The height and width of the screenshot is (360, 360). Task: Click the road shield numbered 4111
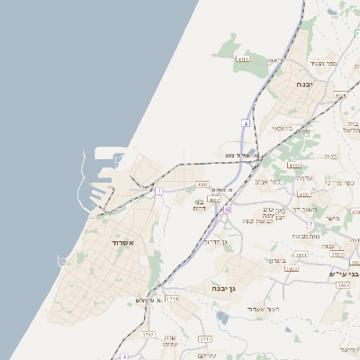click(x=243, y=58)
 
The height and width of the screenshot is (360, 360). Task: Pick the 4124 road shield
click(x=339, y=94)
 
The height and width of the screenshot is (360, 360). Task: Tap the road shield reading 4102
click(x=294, y=166)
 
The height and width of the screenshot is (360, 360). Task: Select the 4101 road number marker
click(x=303, y=193)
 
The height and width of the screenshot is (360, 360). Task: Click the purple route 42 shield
click(x=228, y=209)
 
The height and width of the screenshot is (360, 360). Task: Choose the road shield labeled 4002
click(x=214, y=200)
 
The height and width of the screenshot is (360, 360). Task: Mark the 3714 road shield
click(x=172, y=297)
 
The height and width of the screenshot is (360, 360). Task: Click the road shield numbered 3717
click(x=148, y=334)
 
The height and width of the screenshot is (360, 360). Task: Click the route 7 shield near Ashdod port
click(x=159, y=191)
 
